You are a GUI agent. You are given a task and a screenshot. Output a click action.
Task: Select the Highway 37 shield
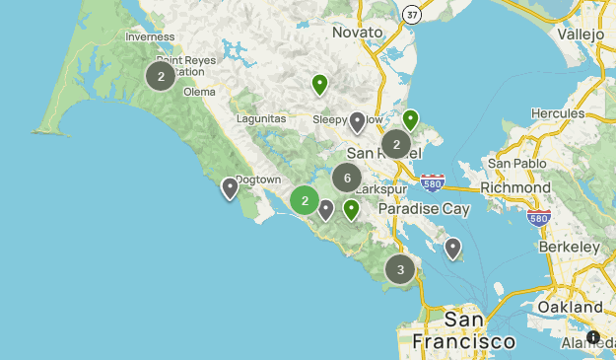[413, 14]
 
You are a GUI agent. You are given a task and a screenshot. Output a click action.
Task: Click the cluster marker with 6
[347, 179]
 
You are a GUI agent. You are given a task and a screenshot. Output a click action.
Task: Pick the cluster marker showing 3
[400, 268]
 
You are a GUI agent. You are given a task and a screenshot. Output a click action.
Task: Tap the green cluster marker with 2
[305, 200]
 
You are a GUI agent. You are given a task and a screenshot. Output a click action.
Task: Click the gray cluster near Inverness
[161, 75]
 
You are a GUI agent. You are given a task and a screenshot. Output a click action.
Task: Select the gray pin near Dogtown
[230, 187]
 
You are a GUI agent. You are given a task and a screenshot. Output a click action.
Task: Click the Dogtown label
[258, 180]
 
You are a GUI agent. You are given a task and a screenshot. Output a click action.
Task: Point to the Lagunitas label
[261, 119]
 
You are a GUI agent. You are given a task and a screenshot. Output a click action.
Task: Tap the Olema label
[199, 92]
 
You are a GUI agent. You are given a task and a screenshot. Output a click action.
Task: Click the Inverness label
[151, 37]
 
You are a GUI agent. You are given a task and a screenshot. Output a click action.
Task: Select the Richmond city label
[515, 187]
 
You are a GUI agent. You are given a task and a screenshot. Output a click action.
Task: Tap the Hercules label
[558, 113]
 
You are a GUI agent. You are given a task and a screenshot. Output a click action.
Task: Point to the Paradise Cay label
[423, 209]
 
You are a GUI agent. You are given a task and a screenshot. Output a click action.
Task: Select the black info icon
[593, 337]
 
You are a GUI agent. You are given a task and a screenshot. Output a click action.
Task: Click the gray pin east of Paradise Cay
[452, 247]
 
